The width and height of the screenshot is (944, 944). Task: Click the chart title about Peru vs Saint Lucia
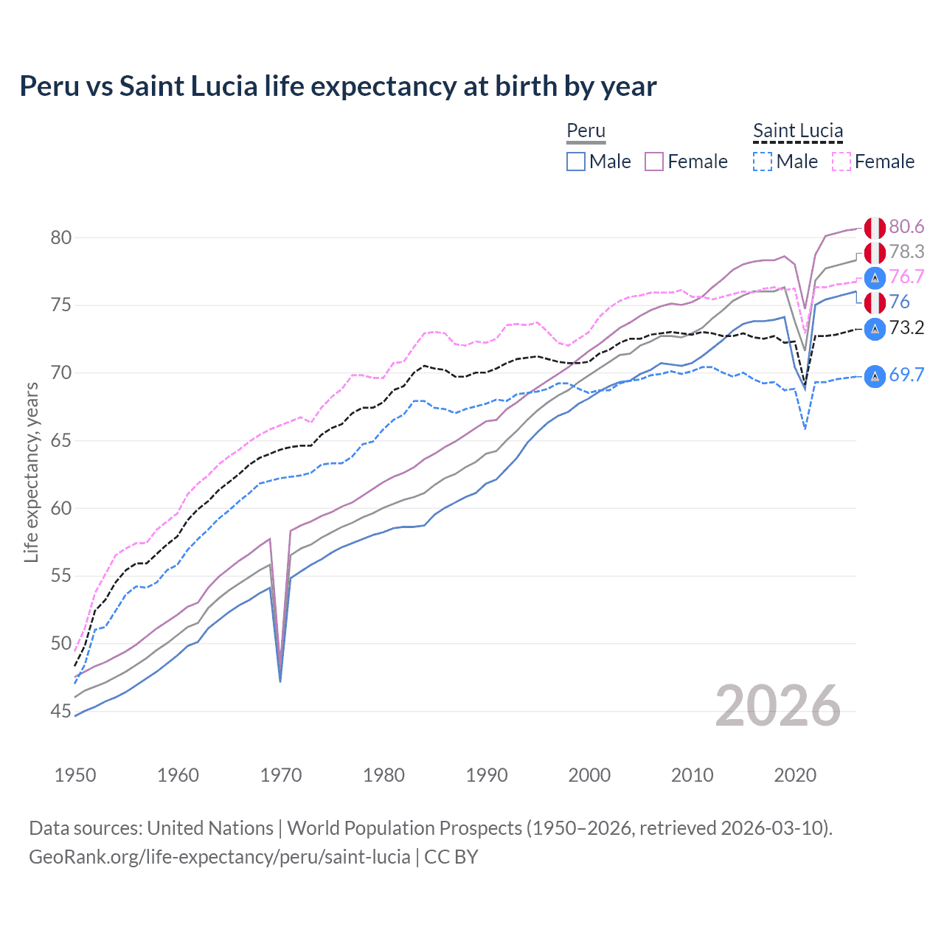click(x=338, y=86)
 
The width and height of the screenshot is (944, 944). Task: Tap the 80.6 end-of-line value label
click(x=906, y=227)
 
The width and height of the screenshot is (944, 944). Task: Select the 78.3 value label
click(x=906, y=252)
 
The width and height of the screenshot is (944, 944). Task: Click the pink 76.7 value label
click(x=906, y=277)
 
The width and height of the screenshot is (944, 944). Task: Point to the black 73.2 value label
click(x=906, y=328)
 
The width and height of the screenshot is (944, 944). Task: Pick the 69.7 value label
click(x=906, y=375)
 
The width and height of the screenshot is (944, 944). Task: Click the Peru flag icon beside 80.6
click(x=875, y=228)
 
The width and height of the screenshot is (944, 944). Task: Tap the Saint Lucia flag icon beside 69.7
click(x=875, y=376)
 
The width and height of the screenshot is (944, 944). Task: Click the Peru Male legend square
click(x=576, y=162)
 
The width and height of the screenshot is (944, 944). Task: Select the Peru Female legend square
click(x=654, y=162)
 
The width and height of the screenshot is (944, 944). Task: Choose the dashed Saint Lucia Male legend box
click(x=763, y=162)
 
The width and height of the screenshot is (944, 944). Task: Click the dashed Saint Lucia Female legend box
click(x=841, y=162)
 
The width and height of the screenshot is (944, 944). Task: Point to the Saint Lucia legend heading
click(x=797, y=131)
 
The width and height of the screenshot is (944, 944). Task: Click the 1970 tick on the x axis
click(x=281, y=775)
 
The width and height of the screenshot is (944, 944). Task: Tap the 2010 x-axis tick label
click(x=692, y=775)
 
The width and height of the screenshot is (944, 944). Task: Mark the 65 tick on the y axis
click(x=61, y=441)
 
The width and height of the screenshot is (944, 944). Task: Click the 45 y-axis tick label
click(x=61, y=712)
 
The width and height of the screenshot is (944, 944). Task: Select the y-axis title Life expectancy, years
click(x=31, y=472)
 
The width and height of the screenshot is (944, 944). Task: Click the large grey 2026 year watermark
click(x=777, y=707)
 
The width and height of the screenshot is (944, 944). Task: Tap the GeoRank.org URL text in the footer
click(x=219, y=857)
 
